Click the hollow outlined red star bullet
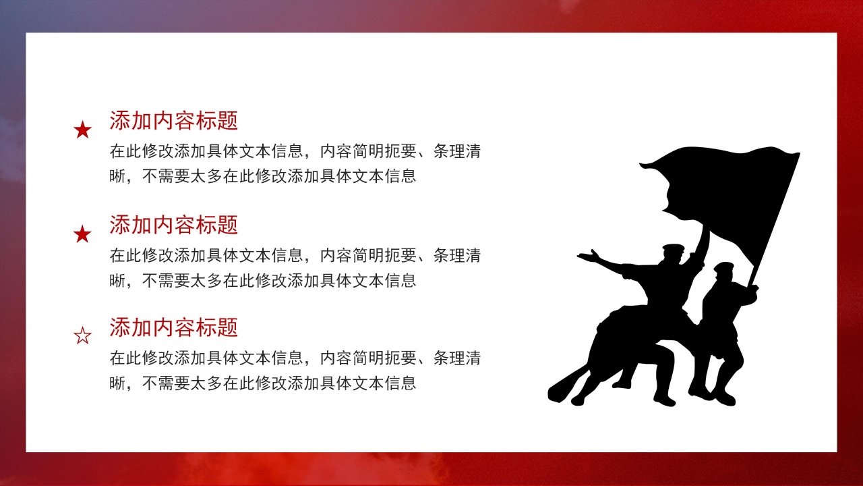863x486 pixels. click(82, 335)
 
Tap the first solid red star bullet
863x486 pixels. click(82, 130)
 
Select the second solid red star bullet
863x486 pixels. click(82, 234)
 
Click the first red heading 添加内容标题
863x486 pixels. click(173, 121)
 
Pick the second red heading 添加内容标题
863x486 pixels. click(173, 224)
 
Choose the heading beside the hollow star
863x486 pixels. click(173, 327)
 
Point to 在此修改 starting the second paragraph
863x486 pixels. click(142, 255)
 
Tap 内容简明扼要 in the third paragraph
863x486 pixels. click(367, 358)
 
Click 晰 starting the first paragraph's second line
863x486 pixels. click(118, 177)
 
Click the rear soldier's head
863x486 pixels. click(723, 272)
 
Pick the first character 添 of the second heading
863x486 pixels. click(119, 224)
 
